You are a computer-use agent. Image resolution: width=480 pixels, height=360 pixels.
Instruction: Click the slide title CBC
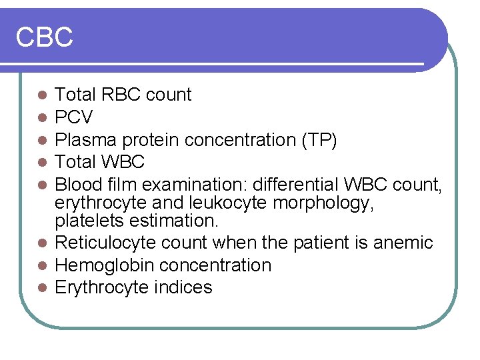(x=44, y=37)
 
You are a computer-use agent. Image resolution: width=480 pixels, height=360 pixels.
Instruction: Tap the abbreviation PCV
(x=73, y=118)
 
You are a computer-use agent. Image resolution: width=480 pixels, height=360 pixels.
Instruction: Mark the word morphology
(x=332, y=202)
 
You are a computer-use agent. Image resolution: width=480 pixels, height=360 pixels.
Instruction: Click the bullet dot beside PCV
(x=42, y=118)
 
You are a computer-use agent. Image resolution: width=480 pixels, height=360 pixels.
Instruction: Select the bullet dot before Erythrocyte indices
(x=42, y=288)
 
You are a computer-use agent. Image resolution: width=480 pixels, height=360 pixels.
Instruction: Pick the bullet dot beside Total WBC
(x=42, y=162)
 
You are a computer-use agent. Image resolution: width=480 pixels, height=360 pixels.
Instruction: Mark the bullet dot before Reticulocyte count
(x=42, y=243)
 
